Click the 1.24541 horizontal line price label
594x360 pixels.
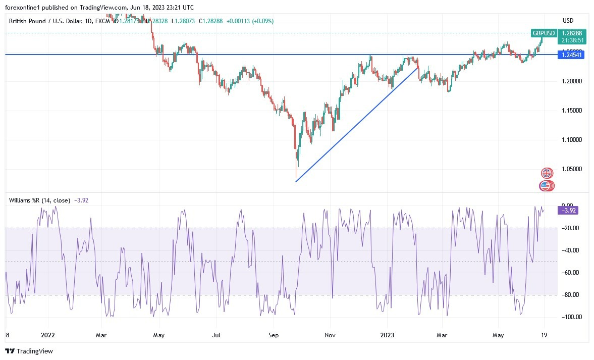(x=571, y=55)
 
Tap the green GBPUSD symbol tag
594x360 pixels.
(x=544, y=33)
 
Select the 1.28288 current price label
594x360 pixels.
(x=571, y=33)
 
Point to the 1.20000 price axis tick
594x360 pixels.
(x=571, y=81)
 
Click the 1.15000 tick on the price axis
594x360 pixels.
(x=571, y=110)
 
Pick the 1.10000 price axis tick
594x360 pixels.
(x=571, y=139)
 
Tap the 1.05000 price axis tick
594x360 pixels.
(x=571, y=169)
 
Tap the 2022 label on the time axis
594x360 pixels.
(x=48, y=334)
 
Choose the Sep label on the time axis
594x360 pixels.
(x=274, y=334)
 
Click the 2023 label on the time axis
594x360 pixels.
(x=387, y=334)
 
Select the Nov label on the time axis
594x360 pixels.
(x=330, y=334)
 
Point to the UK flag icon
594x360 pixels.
(x=546, y=173)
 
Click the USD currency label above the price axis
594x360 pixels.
(x=568, y=21)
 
